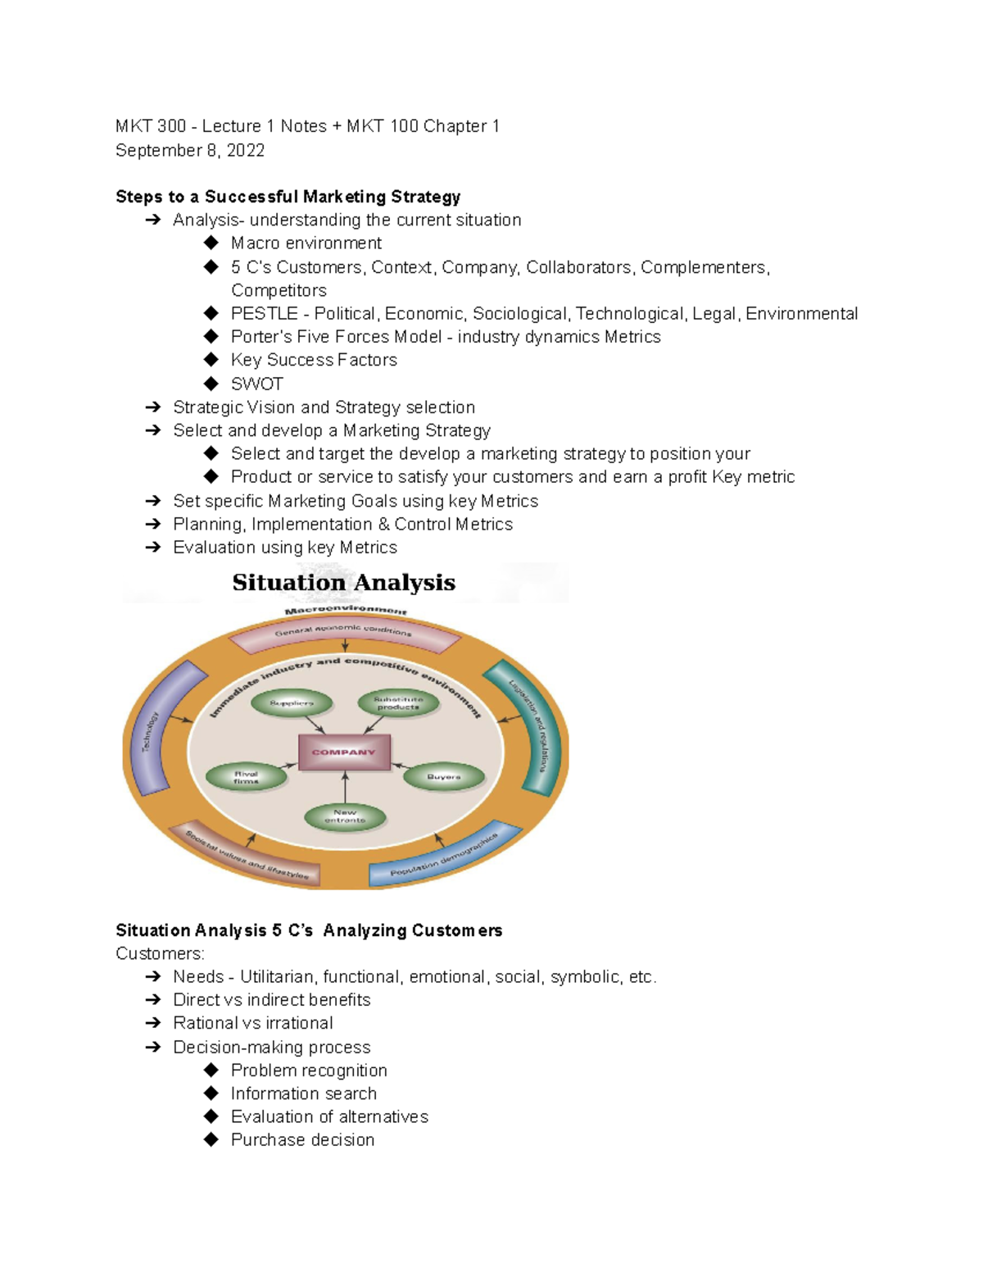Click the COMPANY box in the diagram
(344, 752)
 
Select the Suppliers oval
(292, 703)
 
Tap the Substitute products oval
(398, 703)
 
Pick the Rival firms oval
(246, 777)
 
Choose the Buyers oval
(443, 777)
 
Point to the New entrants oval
(345, 816)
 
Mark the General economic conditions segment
(344, 632)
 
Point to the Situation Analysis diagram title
(343, 583)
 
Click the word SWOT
(257, 384)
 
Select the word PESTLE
(264, 314)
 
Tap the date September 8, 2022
(190, 151)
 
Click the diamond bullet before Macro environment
(211, 243)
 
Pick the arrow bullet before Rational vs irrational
(152, 1023)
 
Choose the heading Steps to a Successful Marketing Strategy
(288, 197)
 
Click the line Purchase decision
(302, 1139)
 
